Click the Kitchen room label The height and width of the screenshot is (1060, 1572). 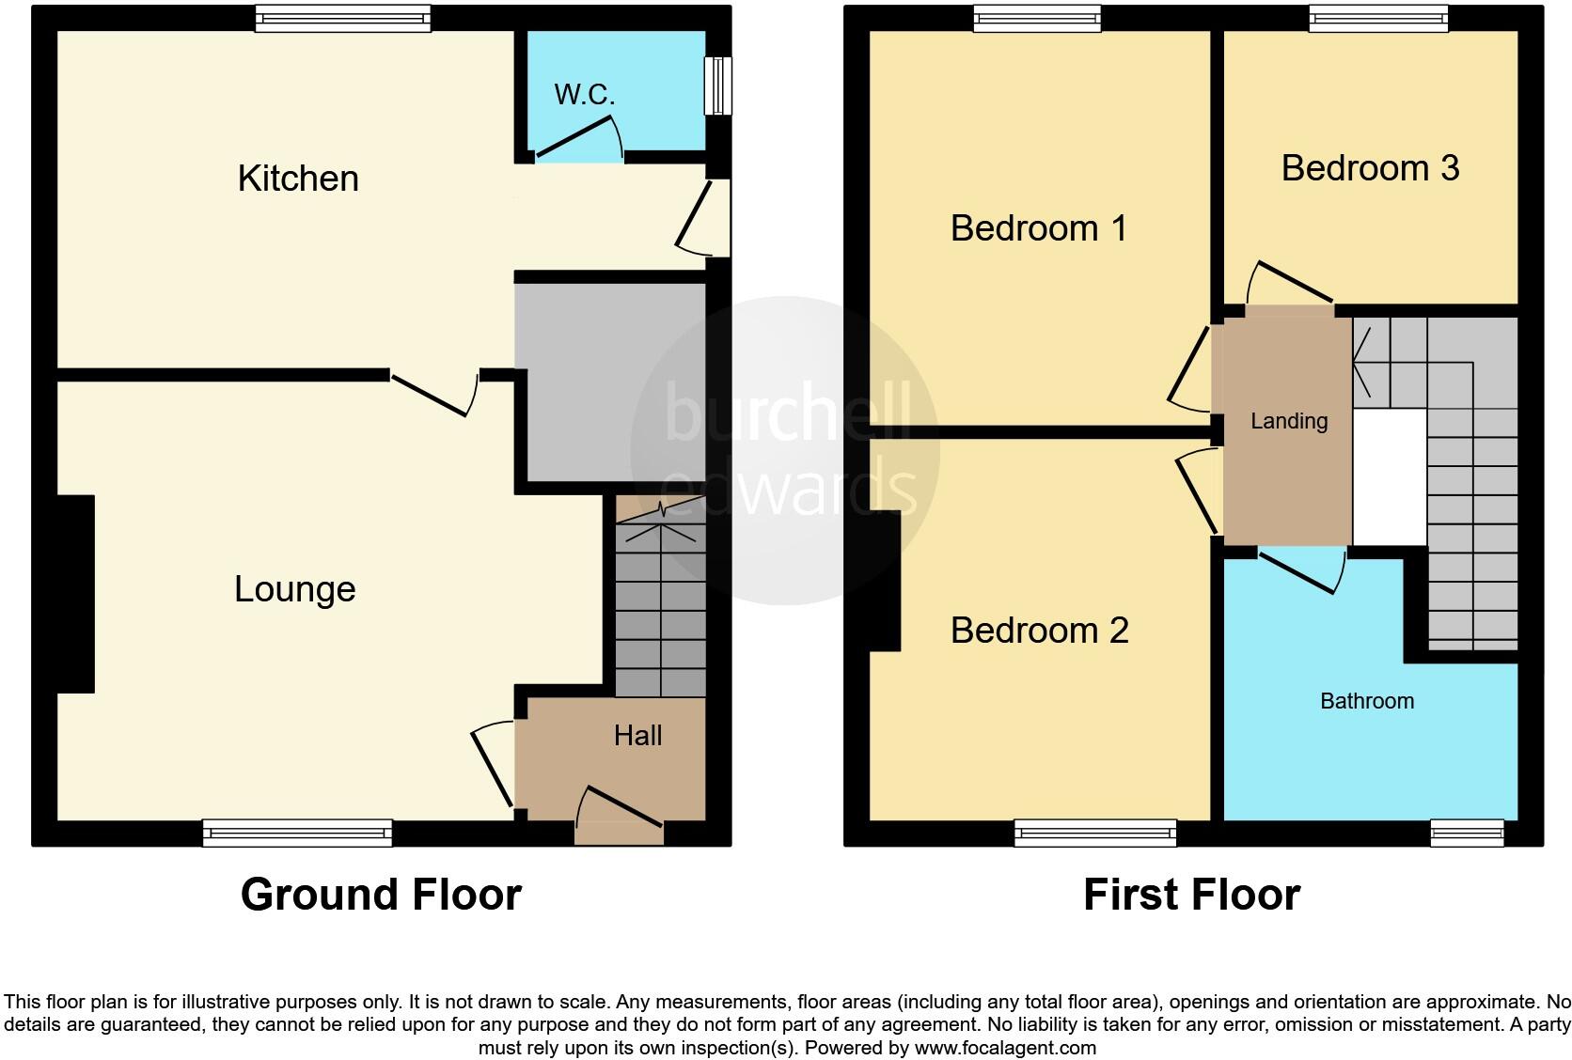[298, 179]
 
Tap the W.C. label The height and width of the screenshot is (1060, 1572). [584, 94]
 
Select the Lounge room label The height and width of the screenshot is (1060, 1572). [294, 589]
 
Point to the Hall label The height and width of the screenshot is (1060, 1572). [637, 736]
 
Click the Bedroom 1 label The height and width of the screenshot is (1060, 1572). [1038, 228]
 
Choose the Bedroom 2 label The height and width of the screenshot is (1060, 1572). [1039, 631]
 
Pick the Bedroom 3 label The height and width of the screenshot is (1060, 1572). [1369, 168]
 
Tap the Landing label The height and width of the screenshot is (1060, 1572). [1288, 422]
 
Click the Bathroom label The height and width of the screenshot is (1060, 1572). [1366, 701]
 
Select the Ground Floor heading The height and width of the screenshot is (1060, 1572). [381, 895]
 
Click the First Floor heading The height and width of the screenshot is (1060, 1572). [1191, 895]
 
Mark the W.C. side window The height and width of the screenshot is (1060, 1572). [718, 86]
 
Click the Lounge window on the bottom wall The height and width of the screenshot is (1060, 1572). [297, 833]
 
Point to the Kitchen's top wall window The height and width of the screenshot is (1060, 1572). [343, 18]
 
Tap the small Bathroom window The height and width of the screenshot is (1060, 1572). [1467, 833]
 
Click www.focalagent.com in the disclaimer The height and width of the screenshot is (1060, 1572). [1005, 1047]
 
